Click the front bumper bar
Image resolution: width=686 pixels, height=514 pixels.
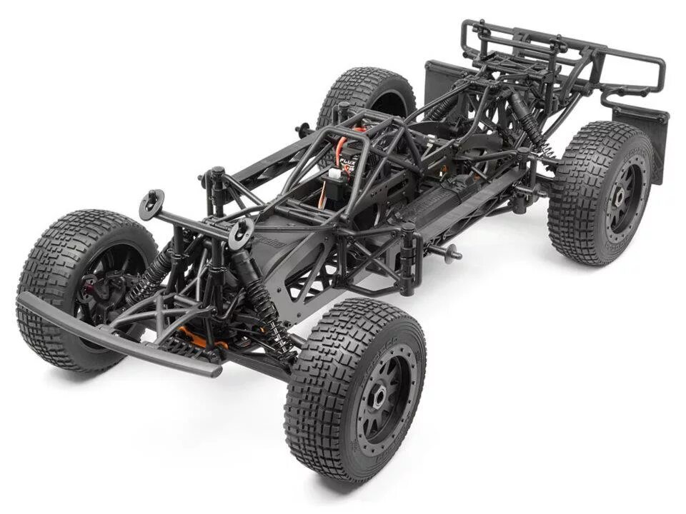pos(114,336)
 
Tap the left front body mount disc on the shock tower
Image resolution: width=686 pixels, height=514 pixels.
pos(152,203)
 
